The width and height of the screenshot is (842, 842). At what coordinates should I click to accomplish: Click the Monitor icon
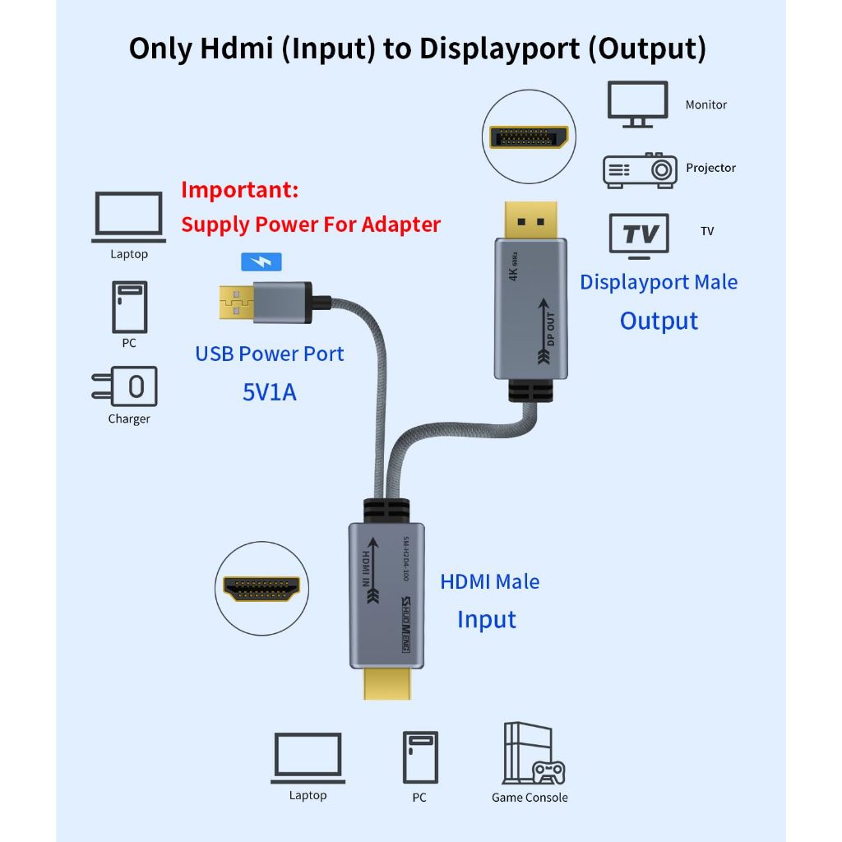tap(637, 104)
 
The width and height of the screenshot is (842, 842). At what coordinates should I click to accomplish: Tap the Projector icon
tap(639, 169)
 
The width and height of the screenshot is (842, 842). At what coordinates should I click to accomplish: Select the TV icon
tap(639, 235)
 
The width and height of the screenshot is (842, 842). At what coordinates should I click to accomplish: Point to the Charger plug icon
tap(124, 386)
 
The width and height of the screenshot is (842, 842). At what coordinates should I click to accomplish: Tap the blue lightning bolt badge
tap(261, 261)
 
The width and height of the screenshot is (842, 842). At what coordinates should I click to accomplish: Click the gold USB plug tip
tap(235, 302)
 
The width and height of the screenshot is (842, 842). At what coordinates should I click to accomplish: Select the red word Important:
tap(239, 190)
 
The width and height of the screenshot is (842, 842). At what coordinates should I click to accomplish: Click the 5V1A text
tap(269, 392)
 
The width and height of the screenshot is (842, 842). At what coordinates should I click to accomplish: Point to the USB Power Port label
tap(269, 354)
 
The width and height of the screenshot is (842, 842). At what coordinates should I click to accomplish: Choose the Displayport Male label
tap(658, 282)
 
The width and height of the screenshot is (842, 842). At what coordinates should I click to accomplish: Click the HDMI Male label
tap(489, 581)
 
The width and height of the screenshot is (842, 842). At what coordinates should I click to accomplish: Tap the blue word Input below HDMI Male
tap(486, 619)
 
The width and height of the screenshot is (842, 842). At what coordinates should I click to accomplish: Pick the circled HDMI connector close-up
tap(261, 587)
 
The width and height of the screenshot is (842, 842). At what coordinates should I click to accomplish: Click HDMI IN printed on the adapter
tap(362, 567)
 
